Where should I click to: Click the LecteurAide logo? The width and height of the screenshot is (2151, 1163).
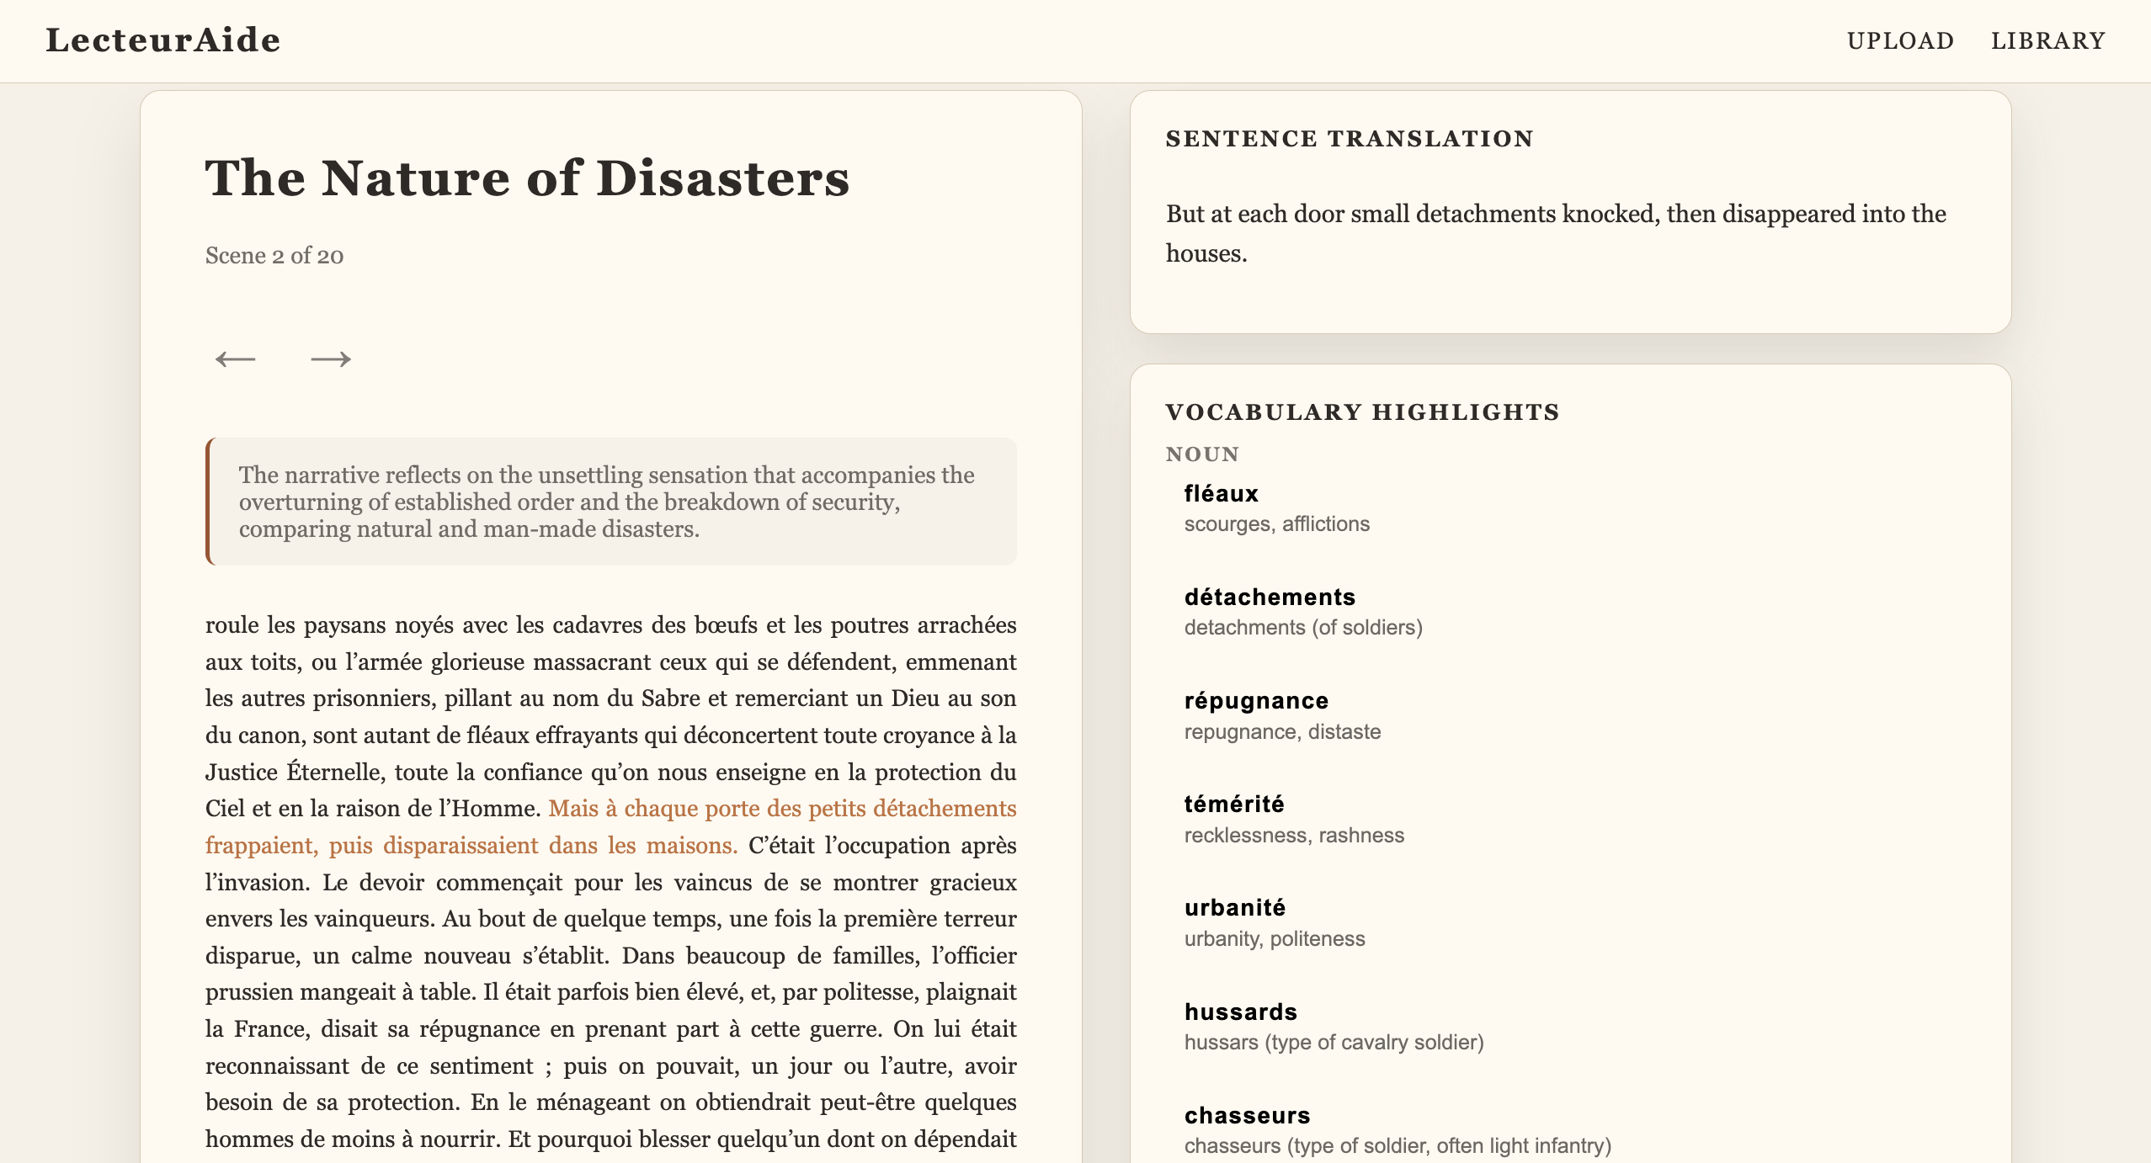tap(162, 40)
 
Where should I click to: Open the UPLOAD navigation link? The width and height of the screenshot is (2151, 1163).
tap(1900, 40)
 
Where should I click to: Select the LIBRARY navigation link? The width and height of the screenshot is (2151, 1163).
tap(2047, 40)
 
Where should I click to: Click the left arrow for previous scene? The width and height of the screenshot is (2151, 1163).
tap(235, 359)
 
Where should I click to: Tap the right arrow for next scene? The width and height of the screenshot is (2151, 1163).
tap(331, 359)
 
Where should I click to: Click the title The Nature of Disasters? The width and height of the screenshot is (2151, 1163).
tap(527, 178)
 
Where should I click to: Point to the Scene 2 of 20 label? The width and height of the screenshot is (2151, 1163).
tap(274, 256)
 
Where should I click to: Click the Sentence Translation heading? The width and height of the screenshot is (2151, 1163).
tap(1350, 139)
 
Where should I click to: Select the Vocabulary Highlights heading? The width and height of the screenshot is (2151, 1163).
tap(1362, 412)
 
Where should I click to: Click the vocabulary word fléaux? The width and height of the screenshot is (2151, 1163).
tap(1221, 494)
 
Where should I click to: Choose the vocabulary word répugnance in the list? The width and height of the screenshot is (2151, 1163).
tap(1256, 701)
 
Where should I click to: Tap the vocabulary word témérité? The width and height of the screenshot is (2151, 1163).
tap(1234, 805)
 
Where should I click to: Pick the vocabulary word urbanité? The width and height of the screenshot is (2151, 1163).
tap(1234, 908)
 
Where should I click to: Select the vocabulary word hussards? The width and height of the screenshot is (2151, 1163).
tap(1240, 1012)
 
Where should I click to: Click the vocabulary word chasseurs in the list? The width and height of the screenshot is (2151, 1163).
tap(1247, 1115)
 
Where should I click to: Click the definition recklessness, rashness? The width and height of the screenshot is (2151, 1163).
tap(1294, 836)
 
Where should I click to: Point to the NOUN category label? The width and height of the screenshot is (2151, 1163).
tap(1202, 454)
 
